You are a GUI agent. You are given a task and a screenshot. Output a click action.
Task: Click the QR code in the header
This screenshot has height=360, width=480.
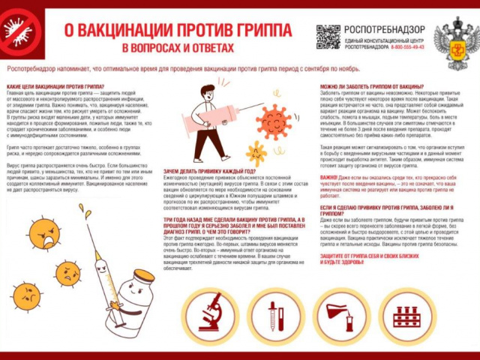coord(328,36)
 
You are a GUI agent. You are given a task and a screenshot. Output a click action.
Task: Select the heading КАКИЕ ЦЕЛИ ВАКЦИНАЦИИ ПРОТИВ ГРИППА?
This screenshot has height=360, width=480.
coord(55,87)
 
